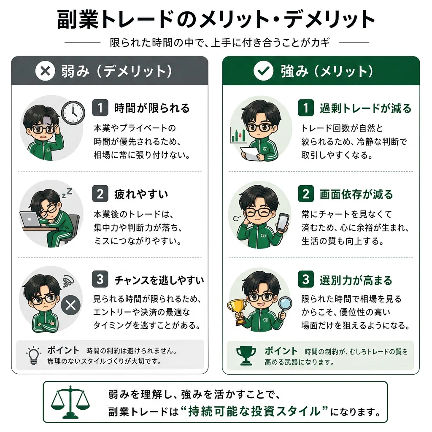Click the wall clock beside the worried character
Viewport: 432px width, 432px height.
coord(73,112)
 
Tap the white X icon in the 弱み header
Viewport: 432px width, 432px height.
coord(45,71)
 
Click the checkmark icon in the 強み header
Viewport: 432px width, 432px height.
coord(263,71)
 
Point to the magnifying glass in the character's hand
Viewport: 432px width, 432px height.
coord(284,306)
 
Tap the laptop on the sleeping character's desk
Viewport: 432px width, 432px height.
coord(30,219)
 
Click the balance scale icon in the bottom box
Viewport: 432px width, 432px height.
coord(70,402)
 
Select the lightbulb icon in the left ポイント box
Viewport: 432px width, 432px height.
coord(34,355)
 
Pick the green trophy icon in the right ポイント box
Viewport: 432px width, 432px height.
coord(246,355)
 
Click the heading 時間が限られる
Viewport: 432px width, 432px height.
coord(152,108)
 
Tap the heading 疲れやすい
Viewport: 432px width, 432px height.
coord(141,194)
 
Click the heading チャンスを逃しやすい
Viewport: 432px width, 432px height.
coord(159,280)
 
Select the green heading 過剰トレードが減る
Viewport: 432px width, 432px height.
coord(366,108)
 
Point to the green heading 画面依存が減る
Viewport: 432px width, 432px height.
coord(356,194)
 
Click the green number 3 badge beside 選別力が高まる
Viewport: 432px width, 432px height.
coord(306,279)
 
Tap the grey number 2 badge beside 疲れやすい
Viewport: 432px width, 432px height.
coord(100,194)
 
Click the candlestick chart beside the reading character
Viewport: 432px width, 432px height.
coord(238,135)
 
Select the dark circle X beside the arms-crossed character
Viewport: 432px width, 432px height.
coord(71,305)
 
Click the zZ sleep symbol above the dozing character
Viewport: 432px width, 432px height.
coord(67,192)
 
